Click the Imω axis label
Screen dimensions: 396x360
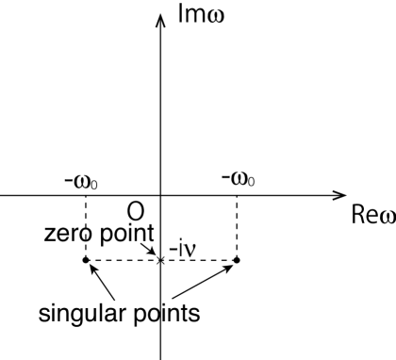206,17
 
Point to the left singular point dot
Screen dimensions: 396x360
86,259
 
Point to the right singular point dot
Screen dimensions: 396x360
237,259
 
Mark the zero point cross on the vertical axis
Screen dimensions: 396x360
161,259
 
